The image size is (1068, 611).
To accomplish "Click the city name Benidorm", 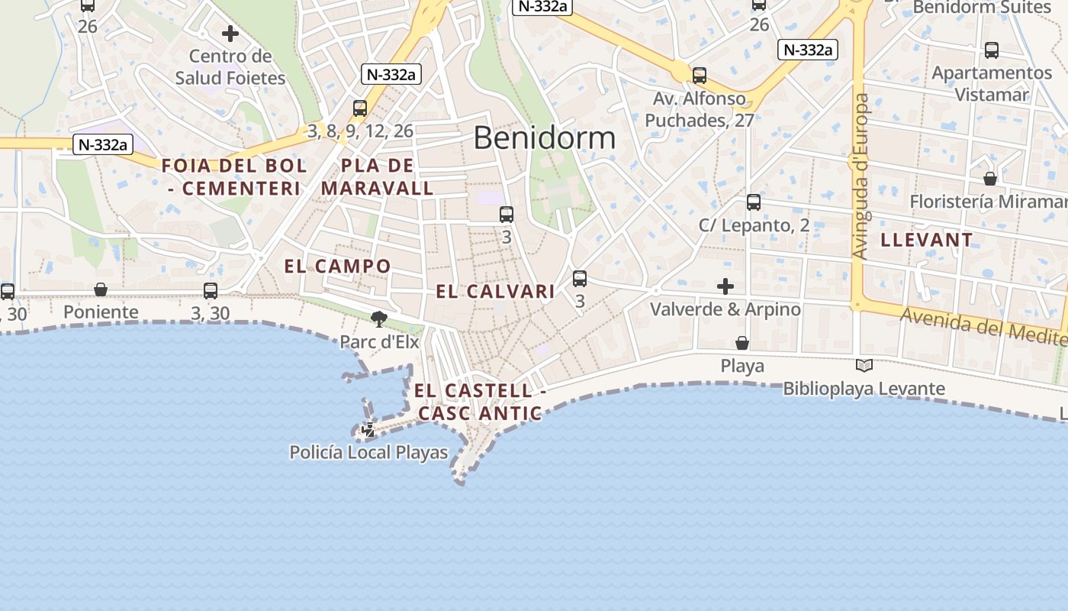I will pyautogui.click(x=544, y=137).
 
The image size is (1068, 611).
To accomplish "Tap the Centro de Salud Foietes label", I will pyautogui.click(x=230, y=67).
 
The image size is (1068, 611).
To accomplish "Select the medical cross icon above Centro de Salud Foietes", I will pyautogui.click(x=230, y=34).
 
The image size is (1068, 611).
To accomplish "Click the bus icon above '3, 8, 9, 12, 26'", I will pyautogui.click(x=360, y=108).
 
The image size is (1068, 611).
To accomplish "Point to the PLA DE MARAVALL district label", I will pyautogui.click(x=378, y=176).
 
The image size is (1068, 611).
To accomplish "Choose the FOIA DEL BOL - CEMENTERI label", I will pyautogui.click(x=234, y=176).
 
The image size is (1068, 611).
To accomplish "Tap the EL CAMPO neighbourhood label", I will pyautogui.click(x=337, y=267).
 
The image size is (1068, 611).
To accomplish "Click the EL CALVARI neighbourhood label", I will pyautogui.click(x=495, y=291).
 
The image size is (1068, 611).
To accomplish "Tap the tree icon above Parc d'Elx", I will pyautogui.click(x=378, y=318).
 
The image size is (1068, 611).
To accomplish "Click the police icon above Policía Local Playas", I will pyautogui.click(x=368, y=429).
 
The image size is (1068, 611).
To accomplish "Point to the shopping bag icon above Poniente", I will pyautogui.click(x=101, y=289).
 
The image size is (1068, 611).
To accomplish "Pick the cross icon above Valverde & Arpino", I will pyautogui.click(x=725, y=286).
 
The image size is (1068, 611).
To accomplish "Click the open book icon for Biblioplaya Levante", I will pyautogui.click(x=864, y=366).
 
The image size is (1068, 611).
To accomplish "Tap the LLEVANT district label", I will pyautogui.click(x=926, y=240).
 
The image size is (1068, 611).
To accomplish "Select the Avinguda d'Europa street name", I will pyautogui.click(x=861, y=176).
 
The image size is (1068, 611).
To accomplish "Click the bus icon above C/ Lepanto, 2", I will pyautogui.click(x=754, y=202).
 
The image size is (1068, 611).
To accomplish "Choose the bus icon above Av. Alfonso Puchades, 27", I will pyautogui.click(x=700, y=76).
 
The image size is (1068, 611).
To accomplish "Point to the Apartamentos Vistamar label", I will pyautogui.click(x=992, y=84).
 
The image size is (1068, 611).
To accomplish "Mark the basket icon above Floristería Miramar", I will pyautogui.click(x=989, y=179).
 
